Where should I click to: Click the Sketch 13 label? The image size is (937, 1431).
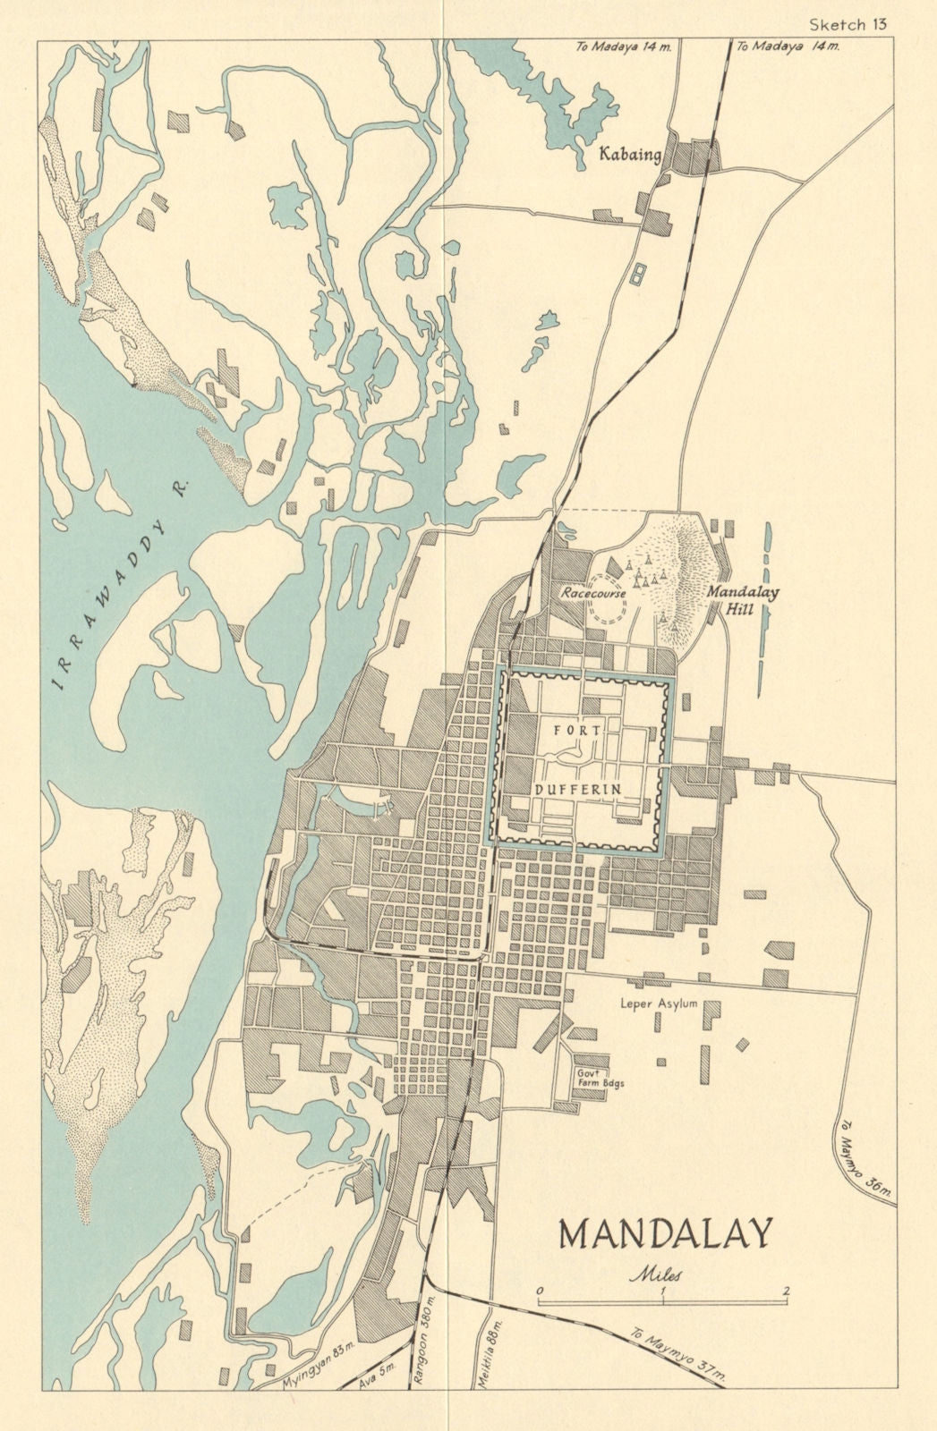pyautogui.click(x=847, y=24)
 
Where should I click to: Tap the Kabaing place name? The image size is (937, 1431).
pyautogui.click(x=630, y=156)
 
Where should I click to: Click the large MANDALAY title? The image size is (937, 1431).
pyautogui.click(x=664, y=1234)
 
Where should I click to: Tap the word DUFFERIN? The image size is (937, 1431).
pyautogui.click(x=577, y=788)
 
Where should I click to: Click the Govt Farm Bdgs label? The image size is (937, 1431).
pyautogui.click(x=600, y=1077)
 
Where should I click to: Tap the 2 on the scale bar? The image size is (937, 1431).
pyautogui.click(x=785, y=1290)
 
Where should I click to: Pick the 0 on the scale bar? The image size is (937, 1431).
pyautogui.click(x=540, y=1290)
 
